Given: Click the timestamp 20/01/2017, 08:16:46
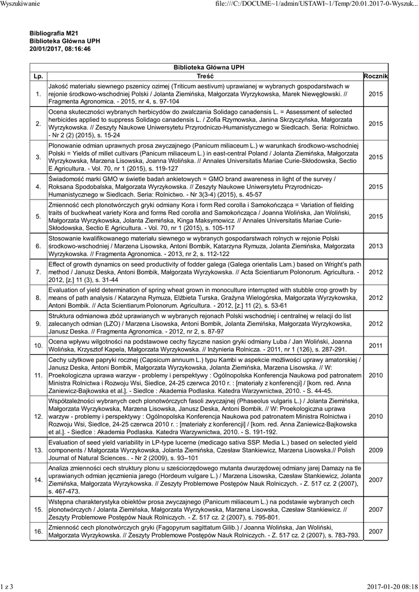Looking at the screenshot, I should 60,49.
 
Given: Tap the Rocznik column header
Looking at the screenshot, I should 376,76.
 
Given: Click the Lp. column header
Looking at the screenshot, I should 38,76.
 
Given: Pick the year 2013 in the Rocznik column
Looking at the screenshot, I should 376,246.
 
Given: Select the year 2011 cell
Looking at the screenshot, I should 376,346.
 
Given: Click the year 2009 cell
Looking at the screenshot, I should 376,449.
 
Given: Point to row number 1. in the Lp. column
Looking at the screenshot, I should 38,93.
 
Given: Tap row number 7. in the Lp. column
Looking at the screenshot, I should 38,272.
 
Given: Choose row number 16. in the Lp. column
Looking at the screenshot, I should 38,531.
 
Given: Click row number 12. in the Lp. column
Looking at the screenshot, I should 38,416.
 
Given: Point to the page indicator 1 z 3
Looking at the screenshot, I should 8,587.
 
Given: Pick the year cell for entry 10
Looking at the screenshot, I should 376,346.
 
